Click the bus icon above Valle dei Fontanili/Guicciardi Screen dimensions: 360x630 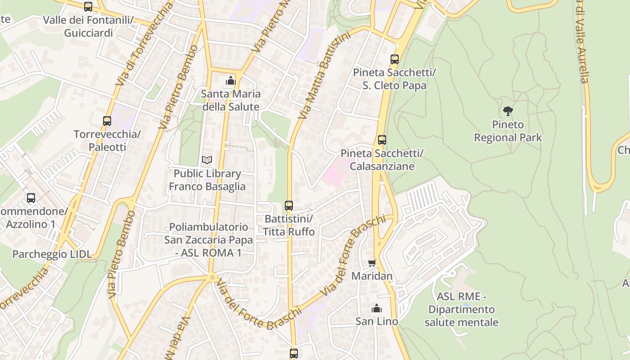coord(88,7)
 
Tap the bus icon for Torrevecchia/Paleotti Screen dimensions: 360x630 coord(107,121)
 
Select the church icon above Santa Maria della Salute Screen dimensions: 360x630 coord(231,81)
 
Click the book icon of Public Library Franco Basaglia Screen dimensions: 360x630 coord(207,160)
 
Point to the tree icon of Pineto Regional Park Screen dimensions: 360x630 coord(508,111)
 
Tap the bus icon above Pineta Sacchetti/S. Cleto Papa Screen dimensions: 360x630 coord(395,59)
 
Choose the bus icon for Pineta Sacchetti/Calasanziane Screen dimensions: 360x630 coord(382,140)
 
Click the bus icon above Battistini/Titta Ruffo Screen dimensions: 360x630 coord(289,206)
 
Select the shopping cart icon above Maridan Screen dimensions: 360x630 coord(372,263)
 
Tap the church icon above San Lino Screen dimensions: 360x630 coord(377,308)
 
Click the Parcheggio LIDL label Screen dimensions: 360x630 coord(52,254)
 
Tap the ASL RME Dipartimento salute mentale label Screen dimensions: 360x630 coord(461,310)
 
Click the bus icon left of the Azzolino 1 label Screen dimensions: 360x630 coord(31,198)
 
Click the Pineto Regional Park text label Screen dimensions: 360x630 coord(508,131)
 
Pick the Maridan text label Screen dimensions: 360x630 coord(372,276)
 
